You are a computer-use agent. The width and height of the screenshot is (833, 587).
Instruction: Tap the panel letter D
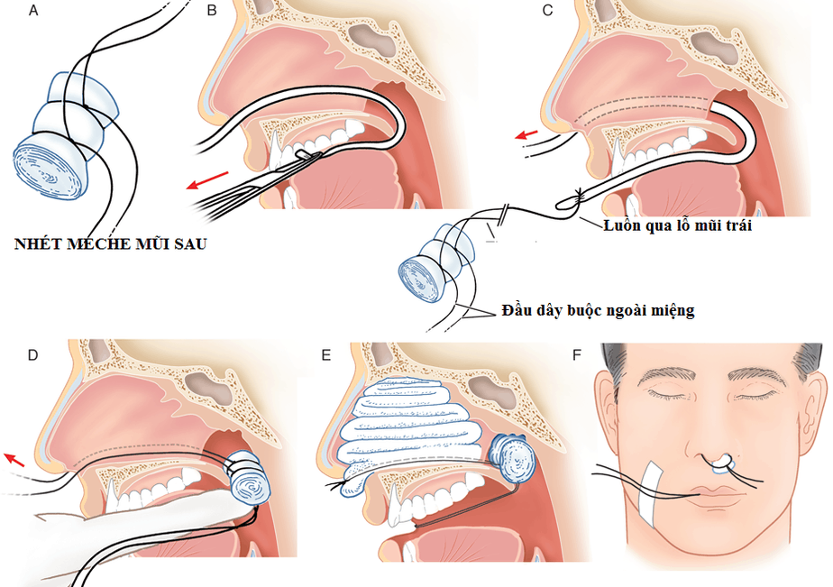(x=33, y=354)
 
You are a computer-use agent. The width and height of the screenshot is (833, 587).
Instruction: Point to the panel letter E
(x=326, y=354)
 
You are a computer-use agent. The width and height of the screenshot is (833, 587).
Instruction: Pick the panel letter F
(x=578, y=354)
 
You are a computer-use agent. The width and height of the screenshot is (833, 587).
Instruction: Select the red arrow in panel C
(x=526, y=136)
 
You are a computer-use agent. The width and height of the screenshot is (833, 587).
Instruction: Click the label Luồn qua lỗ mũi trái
(x=677, y=225)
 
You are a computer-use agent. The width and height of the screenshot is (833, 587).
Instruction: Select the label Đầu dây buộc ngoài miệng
(x=598, y=311)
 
